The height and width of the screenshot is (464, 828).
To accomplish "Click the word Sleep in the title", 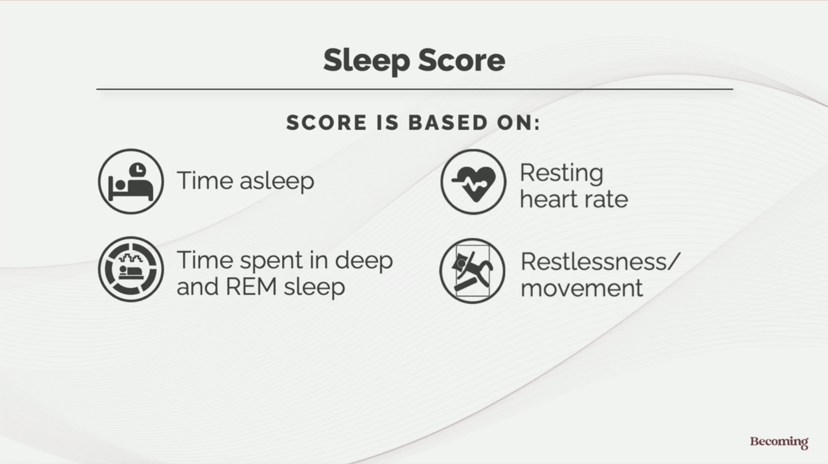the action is pyautogui.click(x=367, y=61).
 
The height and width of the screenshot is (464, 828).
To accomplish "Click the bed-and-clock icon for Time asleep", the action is pyautogui.click(x=131, y=181).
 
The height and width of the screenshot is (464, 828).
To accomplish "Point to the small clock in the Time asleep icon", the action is pyautogui.click(x=138, y=170).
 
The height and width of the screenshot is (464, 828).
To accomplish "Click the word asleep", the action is pyautogui.click(x=277, y=182).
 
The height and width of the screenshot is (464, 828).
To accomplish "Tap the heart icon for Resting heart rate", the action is pyautogui.click(x=473, y=182).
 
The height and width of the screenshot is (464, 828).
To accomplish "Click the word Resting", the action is pyautogui.click(x=561, y=174).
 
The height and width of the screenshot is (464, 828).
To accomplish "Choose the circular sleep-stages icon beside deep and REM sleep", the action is pyautogui.click(x=131, y=269).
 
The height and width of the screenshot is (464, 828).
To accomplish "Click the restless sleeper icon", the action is pyautogui.click(x=473, y=271).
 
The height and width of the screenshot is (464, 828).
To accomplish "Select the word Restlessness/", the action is pyautogui.click(x=600, y=262).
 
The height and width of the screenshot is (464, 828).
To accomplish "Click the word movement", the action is pyautogui.click(x=582, y=288).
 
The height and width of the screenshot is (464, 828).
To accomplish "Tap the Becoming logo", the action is pyautogui.click(x=779, y=442).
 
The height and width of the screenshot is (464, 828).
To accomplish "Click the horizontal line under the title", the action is pyautogui.click(x=415, y=89).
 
